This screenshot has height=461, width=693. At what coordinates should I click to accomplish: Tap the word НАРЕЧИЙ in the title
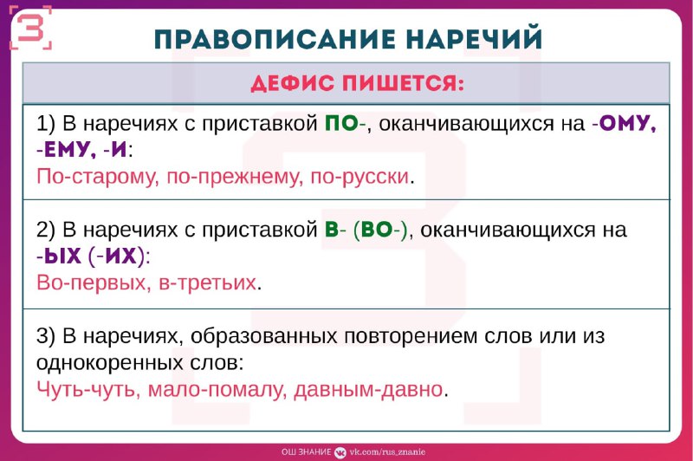[x=474, y=38]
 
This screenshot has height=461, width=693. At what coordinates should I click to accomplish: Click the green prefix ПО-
[x=346, y=123]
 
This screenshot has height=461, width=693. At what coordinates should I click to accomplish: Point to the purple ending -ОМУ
[x=624, y=123]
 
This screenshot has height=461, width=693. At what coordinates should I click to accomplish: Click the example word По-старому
[x=96, y=177]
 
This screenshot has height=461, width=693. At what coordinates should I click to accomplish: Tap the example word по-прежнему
[x=235, y=178]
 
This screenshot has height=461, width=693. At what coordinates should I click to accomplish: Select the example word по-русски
[x=360, y=178]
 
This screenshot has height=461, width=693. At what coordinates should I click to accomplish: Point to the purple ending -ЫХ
[x=59, y=256]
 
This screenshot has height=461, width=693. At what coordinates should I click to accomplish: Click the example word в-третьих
[x=207, y=282]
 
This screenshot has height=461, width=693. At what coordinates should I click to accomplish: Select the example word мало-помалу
[x=215, y=390]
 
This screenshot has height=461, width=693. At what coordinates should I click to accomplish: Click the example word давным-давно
[x=368, y=389]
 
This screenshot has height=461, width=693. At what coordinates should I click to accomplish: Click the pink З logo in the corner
[x=30, y=28]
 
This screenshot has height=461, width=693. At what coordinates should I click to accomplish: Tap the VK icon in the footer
[x=340, y=451]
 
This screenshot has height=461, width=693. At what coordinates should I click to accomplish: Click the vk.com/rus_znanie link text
[x=387, y=451]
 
